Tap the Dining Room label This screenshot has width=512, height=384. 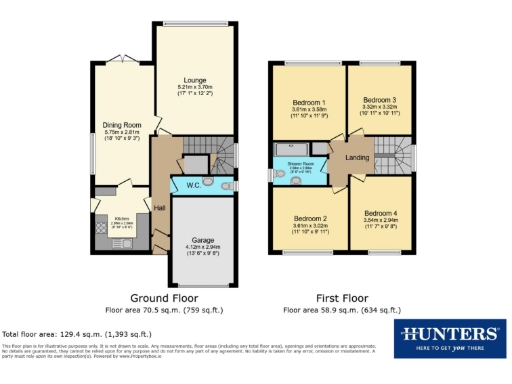pos(121,125)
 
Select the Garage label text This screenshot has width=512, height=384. pos(203,240)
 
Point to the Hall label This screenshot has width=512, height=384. pos(159,207)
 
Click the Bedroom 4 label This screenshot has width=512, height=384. pos(380,214)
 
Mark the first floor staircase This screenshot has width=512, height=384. pos(400,155)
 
